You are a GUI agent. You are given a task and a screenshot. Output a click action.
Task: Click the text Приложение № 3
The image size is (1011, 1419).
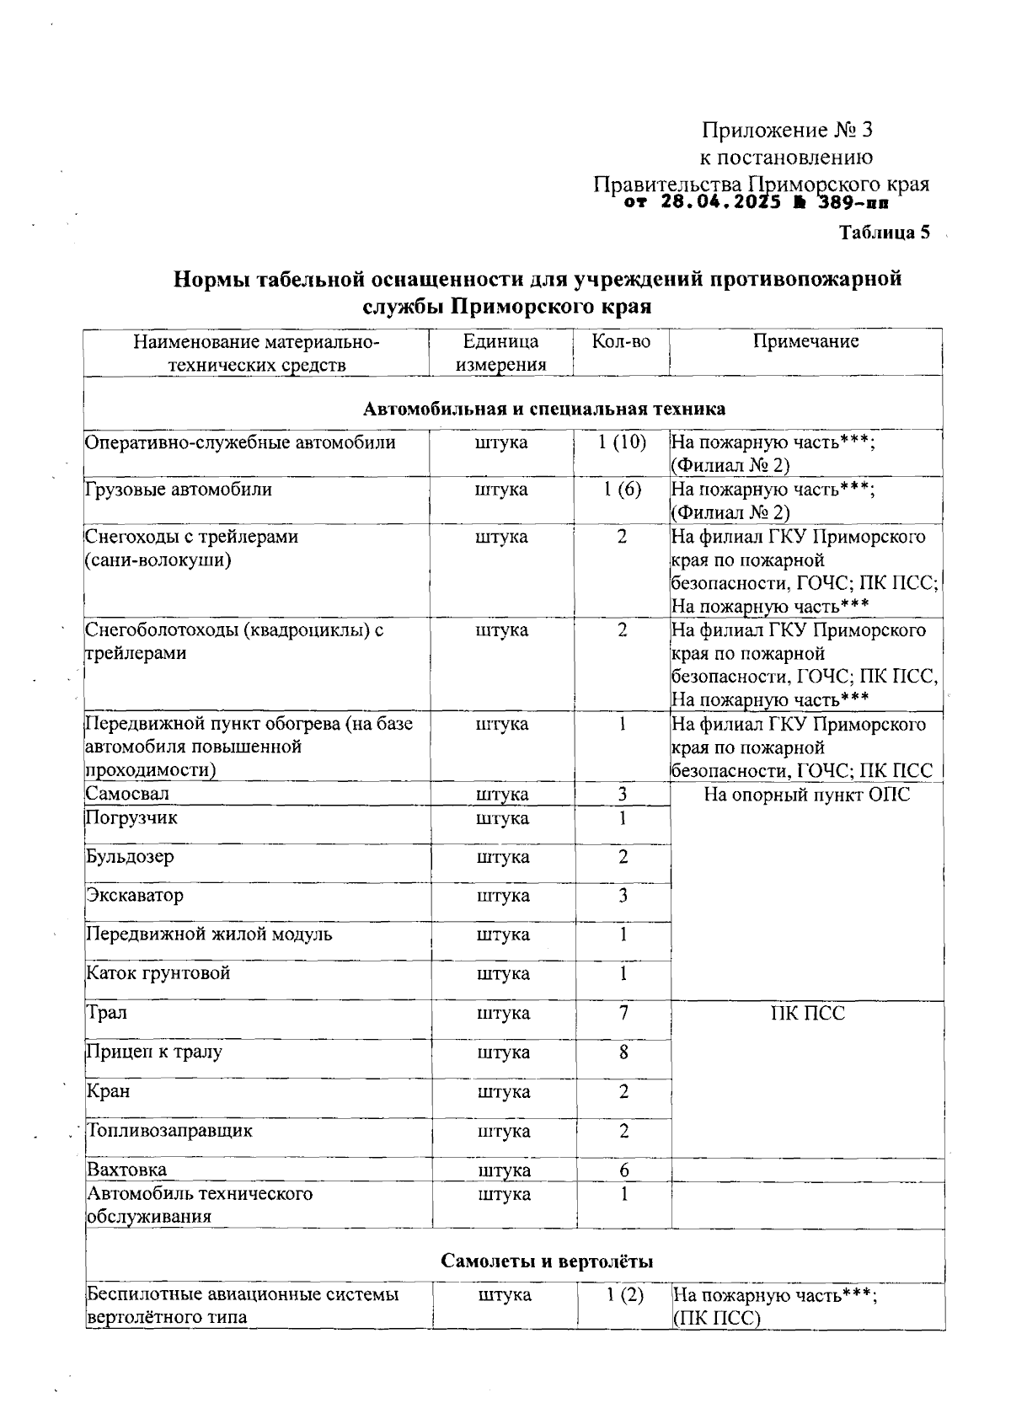(787, 131)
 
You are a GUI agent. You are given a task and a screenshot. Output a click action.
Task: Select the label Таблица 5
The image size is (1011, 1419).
(884, 233)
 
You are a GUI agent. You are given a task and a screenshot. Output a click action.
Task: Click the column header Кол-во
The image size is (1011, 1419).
(621, 341)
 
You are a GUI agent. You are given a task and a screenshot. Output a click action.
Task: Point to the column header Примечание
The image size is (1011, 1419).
(805, 341)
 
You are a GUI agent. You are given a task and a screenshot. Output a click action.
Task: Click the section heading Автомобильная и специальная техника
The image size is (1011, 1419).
(544, 409)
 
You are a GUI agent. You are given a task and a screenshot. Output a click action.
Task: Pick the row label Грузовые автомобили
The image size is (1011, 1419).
(179, 490)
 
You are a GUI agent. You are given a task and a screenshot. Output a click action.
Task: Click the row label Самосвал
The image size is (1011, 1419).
(128, 794)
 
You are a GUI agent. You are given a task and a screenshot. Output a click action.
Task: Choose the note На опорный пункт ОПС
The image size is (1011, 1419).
(806, 795)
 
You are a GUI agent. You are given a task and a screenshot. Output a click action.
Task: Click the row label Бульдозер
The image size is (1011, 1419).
(131, 857)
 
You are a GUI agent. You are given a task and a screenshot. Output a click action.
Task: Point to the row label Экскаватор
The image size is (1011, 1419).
(135, 895)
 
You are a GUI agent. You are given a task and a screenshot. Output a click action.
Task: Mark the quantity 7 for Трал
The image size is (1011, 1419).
(623, 1013)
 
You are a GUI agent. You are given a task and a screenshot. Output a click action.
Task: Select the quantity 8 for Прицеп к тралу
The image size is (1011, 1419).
(623, 1052)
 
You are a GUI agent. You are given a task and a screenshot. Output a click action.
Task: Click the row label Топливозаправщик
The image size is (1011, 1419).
(170, 1131)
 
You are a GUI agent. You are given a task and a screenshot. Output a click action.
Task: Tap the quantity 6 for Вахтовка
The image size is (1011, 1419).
(624, 1170)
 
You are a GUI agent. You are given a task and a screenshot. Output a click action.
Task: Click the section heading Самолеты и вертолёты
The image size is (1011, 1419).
(547, 1261)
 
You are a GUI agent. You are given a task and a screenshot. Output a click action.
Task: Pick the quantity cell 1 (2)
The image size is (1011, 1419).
(624, 1295)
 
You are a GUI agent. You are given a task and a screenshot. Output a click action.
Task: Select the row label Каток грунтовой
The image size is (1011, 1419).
(158, 973)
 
